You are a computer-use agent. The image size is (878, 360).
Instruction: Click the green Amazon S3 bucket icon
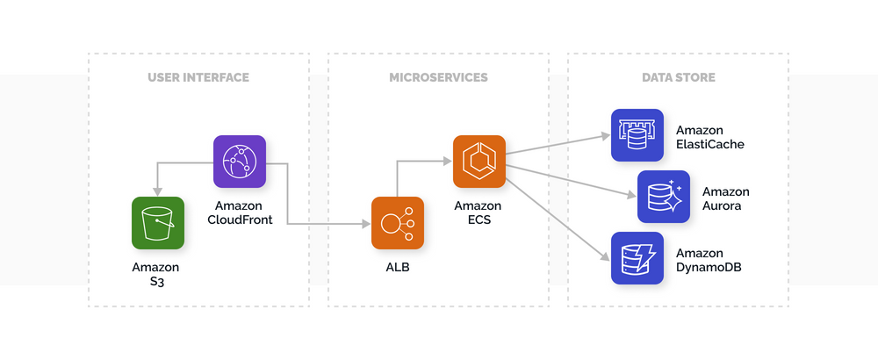158,223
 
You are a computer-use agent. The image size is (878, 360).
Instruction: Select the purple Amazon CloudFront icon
239,162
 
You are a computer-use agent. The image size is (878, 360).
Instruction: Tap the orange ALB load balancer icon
398,223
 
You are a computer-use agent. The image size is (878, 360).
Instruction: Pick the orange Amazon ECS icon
479,162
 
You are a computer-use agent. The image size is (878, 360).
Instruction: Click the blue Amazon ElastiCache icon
637,135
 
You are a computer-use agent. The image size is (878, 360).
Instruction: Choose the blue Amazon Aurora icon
664,197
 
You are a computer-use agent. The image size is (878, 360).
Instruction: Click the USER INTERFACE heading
198,77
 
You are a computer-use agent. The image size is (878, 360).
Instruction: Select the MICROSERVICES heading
438,77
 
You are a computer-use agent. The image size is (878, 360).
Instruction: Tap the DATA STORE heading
678,77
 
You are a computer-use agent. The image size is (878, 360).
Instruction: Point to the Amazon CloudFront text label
239,212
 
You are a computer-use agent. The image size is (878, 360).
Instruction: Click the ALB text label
397,267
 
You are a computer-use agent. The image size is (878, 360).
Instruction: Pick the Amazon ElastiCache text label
710,137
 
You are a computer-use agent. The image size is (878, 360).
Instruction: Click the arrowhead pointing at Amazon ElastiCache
605,136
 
